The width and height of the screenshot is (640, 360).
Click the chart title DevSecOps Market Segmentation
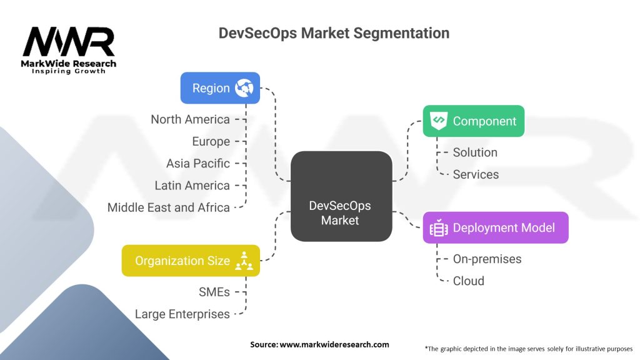(334, 33)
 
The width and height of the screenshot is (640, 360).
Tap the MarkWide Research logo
(69, 51)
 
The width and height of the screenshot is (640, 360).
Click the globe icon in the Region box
(244, 88)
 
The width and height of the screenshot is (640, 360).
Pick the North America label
(190, 119)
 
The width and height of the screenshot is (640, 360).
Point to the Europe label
(211, 141)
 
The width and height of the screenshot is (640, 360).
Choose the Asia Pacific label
(198, 163)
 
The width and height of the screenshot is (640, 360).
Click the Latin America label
(192, 185)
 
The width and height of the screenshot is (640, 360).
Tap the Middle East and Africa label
(169, 207)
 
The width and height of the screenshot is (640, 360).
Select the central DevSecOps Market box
(341, 196)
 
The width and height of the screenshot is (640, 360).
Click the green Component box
(473, 121)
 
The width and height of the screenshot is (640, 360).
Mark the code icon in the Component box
(439, 120)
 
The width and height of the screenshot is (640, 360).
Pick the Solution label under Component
(475, 152)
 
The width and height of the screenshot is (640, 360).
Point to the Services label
(476, 174)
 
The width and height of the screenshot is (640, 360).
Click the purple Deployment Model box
(496, 227)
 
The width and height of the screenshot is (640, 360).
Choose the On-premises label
(487, 259)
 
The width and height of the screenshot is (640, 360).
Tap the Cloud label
(469, 281)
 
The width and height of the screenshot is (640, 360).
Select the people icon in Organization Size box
(244, 262)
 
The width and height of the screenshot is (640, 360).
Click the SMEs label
(214, 292)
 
